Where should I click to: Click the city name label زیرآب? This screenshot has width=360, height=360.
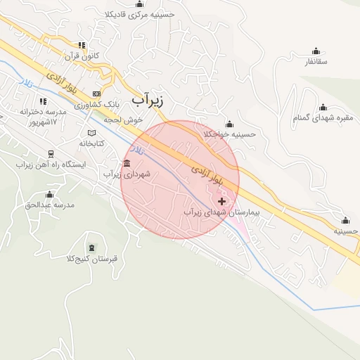(148, 100)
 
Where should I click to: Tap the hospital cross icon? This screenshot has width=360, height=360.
(222, 201)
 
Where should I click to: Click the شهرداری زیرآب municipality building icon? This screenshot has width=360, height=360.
(127, 164)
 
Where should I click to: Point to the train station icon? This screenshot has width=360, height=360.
(50, 154)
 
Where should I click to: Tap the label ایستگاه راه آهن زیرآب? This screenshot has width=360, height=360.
(50, 165)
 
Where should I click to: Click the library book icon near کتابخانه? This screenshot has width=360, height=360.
(91, 133)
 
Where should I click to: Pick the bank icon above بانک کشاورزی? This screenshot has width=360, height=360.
(96, 94)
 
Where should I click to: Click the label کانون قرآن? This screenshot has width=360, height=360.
(83, 55)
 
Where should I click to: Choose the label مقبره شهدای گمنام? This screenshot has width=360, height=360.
(323, 118)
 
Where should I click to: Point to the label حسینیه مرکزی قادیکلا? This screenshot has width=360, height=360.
(148, 13)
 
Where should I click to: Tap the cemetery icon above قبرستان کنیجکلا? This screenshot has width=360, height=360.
(94, 247)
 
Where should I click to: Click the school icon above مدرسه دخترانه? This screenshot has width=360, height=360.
(44, 101)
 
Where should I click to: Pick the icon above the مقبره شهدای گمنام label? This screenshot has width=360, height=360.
(323, 107)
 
